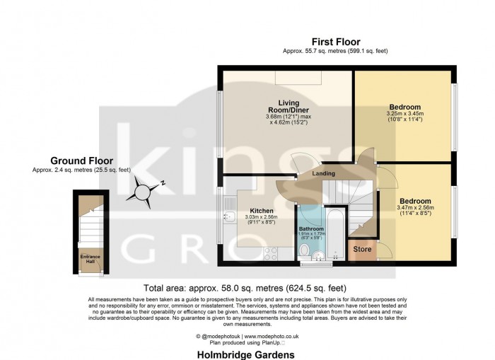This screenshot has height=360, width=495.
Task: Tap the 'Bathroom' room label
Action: click(x=311, y=229)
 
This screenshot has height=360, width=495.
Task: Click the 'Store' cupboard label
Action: click(x=362, y=249)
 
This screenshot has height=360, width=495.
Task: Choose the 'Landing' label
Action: click(x=323, y=174)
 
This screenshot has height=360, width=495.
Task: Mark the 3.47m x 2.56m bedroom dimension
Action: click(x=415, y=207)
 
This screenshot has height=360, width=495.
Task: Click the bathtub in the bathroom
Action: click(x=336, y=233)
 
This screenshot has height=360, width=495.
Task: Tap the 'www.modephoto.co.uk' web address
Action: click(x=273, y=336)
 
